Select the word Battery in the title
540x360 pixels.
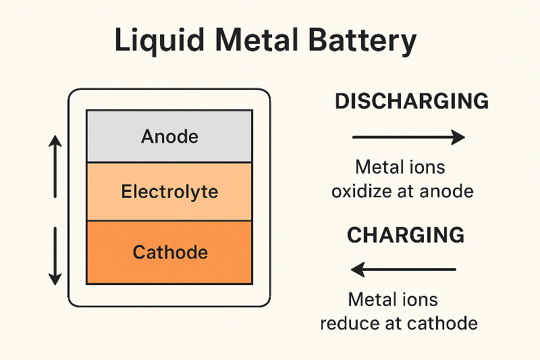[x=368, y=43]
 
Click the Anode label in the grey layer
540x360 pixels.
[x=169, y=137]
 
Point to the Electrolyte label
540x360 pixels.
[x=169, y=192]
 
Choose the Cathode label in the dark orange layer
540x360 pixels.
[x=169, y=253]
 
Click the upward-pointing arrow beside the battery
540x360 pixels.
[x=55, y=165]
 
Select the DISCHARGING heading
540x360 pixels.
[x=412, y=101]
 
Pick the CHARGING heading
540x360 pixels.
[x=406, y=235]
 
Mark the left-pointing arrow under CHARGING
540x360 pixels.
[x=404, y=270]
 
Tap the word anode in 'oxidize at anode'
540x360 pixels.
[x=446, y=191]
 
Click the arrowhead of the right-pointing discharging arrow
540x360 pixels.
[x=459, y=138]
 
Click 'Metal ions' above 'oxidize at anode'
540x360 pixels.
[x=400, y=167]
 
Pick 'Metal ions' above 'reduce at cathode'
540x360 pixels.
[x=393, y=299]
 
